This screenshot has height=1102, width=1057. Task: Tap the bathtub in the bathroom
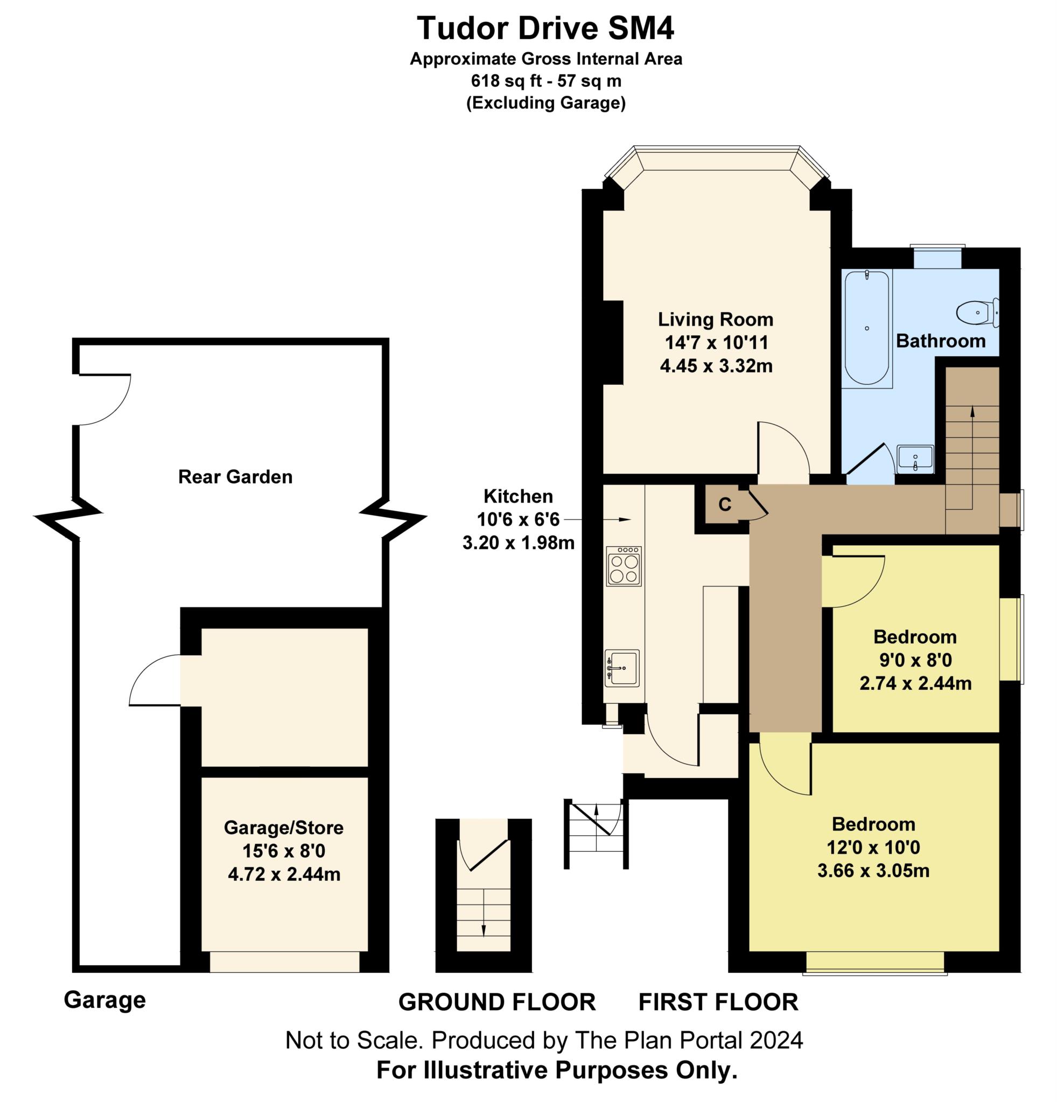pyautogui.click(x=867, y=328)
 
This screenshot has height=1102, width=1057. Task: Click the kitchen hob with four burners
pyautogui.click(x=624, y=566)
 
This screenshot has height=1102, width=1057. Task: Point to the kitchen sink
pyautogui.click(x=622, y=668)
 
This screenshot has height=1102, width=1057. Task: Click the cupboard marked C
pyautogui.click(x=726, y=504)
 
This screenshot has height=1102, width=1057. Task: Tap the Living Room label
pyautogui.click(x=716, y=320)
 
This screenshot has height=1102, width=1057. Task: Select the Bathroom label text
pyautogui.click(x=941, y=341)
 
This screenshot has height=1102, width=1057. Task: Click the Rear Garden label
pyautogui.click(x=235, y=477)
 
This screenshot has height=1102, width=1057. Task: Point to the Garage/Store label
pyautogui.click(x=284, y=828)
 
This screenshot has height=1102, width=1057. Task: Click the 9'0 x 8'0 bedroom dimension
pyautogui.click(x=915, y=660)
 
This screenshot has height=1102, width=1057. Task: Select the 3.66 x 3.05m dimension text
pyautogui.click(x=873, y=871)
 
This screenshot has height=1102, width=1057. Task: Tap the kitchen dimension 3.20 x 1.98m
pyautogui.click(x=518, y=542)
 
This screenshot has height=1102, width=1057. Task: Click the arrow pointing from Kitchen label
pyautogui.click(x=597, y=519)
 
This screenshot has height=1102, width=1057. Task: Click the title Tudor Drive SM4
pyautogui.click(x=545, y=28)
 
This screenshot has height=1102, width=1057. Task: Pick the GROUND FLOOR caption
pyautogui.click(x=496, y=1002)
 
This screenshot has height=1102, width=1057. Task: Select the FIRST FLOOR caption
pyautogui.click(x=718, y=1002)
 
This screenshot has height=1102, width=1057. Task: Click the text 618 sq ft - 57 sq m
pyautogui.click(x=545, y=81)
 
